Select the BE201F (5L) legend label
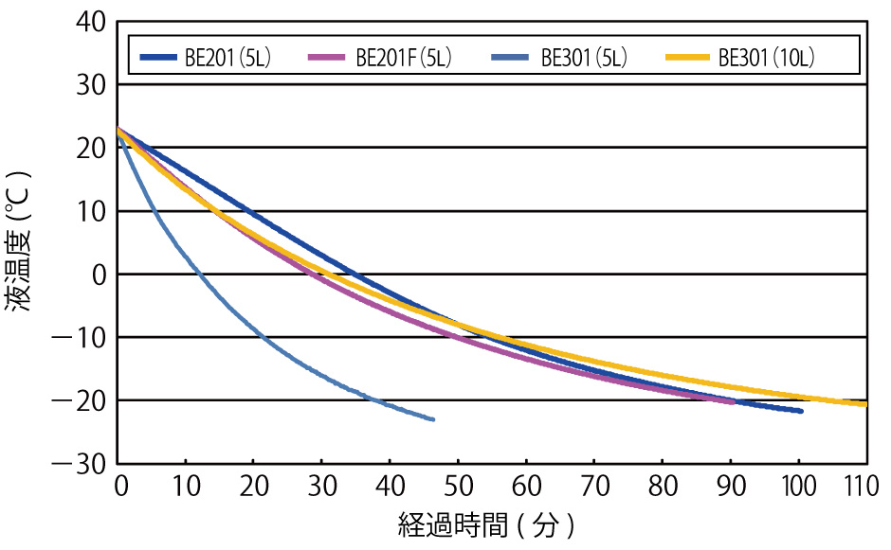[x=403, y=58]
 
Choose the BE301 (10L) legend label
[x=767, y=58]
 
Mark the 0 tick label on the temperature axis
[x=98, y=275]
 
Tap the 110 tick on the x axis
[x=865, y=488]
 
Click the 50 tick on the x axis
[x=459, y=488]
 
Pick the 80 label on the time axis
[x=662, y=488]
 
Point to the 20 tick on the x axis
[x=255, y=488]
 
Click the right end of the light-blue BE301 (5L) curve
[x=433, y=418]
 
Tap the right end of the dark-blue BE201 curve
[x=801, y=411]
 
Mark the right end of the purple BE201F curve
[x=733, y=401]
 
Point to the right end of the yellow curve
[x=865, y=404]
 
